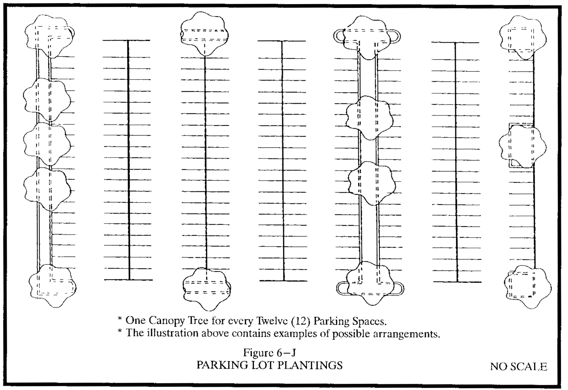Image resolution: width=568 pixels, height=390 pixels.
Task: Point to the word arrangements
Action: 406,334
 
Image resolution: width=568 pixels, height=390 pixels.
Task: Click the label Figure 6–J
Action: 269,352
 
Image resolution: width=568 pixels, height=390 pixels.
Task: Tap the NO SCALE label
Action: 518,366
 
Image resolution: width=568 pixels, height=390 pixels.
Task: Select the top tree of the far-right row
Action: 523,37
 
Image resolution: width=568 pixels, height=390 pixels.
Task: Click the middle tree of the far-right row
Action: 523,146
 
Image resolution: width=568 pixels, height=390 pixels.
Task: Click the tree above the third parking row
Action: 204,33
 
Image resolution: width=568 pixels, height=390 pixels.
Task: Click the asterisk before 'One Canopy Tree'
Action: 120,319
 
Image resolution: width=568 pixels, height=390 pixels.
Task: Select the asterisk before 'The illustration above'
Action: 120,332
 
